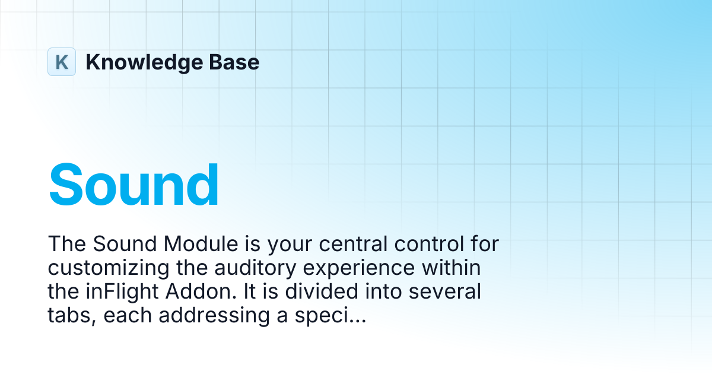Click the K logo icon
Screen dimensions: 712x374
[62, 62]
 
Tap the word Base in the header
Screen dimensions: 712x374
[234, 62]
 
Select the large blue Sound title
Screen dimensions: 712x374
[133, 185]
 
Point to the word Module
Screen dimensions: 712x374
[201, 244]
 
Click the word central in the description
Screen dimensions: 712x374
[353, 244]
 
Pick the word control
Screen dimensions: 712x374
[429, 244]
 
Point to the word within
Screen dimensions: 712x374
[452, 268]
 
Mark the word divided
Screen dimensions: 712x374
[322, 291]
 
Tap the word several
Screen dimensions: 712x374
[444, 291]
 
